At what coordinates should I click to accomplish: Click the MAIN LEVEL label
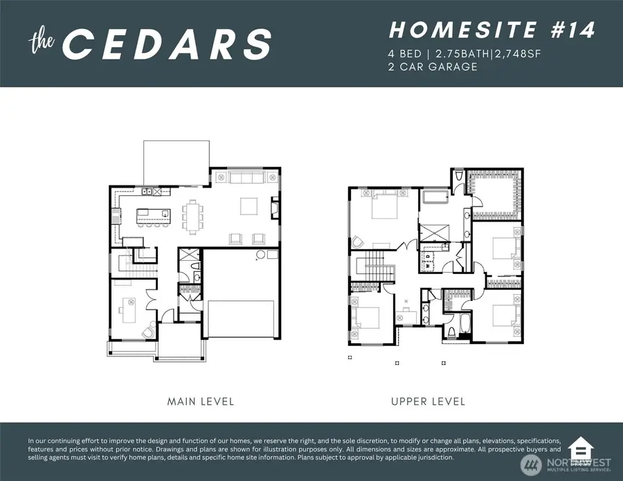pyautogui.click(x=201, y=401)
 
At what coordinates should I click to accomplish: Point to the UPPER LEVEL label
pyautogui.click(x=428, y=401)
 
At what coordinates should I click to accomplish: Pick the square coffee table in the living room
pyautogui.click(x=249, y=206)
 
